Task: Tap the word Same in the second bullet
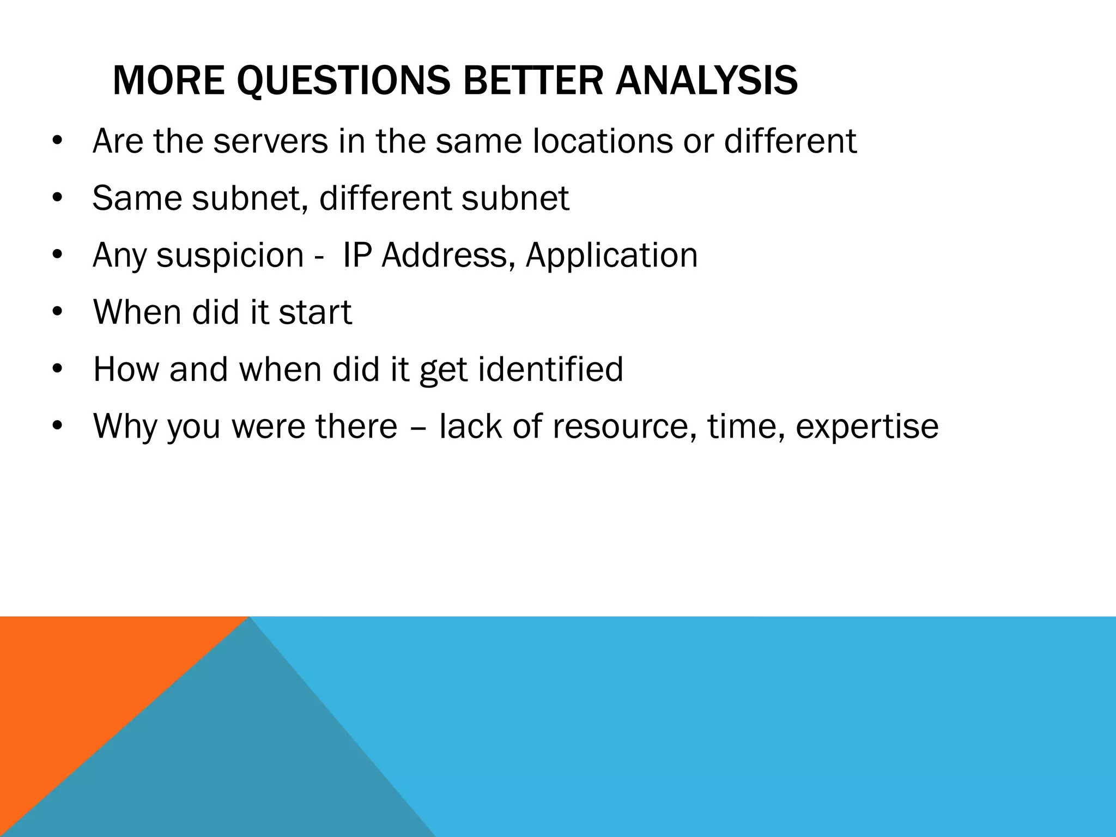click(x=136, y=198)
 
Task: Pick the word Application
click(x=611, y=256)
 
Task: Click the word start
click(x=315, y=313)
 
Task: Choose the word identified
click(x=550, y=369)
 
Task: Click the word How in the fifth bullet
click(x=125, y=369)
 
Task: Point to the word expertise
click(x=867, y=427)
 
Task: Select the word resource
click(x=624, y=427)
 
